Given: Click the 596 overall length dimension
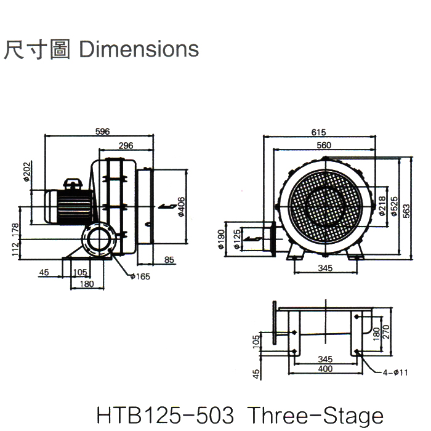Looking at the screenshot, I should pos(103,131).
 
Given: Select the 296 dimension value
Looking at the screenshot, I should pos(126,145).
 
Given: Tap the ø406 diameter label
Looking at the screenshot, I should pos(181,207).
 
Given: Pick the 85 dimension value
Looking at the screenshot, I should pos(169,260).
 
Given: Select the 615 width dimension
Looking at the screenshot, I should pos(319,132).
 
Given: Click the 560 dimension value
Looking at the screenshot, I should pos(324,145).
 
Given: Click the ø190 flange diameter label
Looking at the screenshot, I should pos(222,238).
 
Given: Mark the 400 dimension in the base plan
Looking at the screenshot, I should pos(325,369).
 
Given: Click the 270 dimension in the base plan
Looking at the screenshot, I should pos(386,332).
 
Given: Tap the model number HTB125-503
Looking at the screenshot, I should pos(165,416).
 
